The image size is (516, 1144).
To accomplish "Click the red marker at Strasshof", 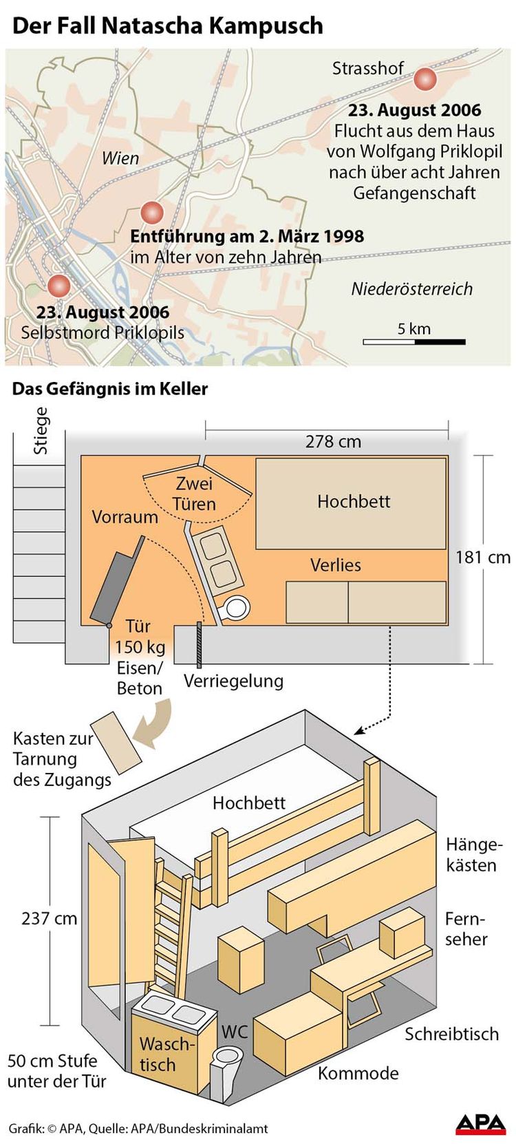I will [x=424, y=80].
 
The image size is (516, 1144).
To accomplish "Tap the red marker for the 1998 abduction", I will [x=152, y=213].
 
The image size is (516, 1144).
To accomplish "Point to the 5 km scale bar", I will [x=414, y=341].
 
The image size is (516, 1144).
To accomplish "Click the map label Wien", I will [x=120, y=158].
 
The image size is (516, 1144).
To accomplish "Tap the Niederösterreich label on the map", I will [x=411, y=288].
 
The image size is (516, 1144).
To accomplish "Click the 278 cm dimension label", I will [x=333, y=441].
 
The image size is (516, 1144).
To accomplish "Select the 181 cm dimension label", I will [x=483, y=557].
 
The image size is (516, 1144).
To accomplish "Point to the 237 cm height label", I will [x=50, y=918].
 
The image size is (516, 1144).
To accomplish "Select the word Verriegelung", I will [x=233, y=681].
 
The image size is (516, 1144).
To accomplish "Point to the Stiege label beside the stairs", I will [x=41, y=431].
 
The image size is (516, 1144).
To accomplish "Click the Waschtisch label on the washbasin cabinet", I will [x=166, y=1054].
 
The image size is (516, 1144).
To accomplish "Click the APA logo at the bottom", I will [x=480, y=1124].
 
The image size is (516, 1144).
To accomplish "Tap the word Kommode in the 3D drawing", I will [x=358, y=1073].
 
